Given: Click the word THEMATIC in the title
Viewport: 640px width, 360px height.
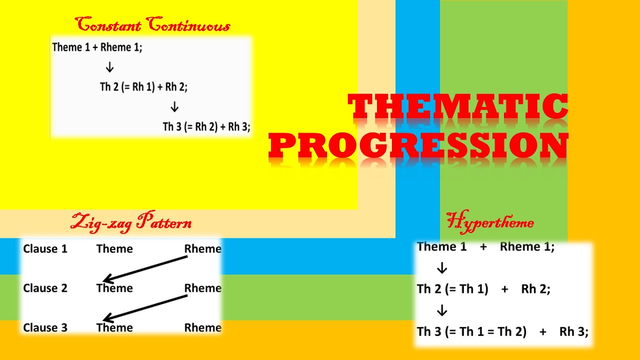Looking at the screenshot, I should coord(458,107).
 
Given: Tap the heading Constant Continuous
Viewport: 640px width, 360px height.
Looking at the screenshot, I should coord(152,24).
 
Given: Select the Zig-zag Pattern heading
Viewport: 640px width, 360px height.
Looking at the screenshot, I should coord(131,222).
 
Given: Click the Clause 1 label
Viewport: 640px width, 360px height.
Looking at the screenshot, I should coord(45,248).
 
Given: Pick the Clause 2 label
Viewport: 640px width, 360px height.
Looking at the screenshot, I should coord(45,288).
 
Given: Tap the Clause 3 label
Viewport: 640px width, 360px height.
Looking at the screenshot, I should coord(45,327).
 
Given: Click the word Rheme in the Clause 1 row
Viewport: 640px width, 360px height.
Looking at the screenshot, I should coord(202,248).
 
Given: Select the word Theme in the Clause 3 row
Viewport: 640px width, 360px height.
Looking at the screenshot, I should coord(114,327).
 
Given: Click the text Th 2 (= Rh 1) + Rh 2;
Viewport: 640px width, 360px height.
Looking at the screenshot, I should coord(143,86).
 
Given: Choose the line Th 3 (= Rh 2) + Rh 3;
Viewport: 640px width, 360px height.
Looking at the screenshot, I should coord(206,126).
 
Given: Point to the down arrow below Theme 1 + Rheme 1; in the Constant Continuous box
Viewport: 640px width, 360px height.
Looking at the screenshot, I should coord(110,67).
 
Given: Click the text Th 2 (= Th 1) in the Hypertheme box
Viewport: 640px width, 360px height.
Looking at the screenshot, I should coord(452,289).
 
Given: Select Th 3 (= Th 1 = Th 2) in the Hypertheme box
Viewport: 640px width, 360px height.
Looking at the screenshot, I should coord(471,331).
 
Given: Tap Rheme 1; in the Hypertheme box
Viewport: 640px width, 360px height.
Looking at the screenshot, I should coord(527,246).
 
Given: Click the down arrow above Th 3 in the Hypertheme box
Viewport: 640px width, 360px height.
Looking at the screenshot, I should coord(441,310).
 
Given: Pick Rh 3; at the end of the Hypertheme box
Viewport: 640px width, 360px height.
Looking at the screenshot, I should coord(573,331).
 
